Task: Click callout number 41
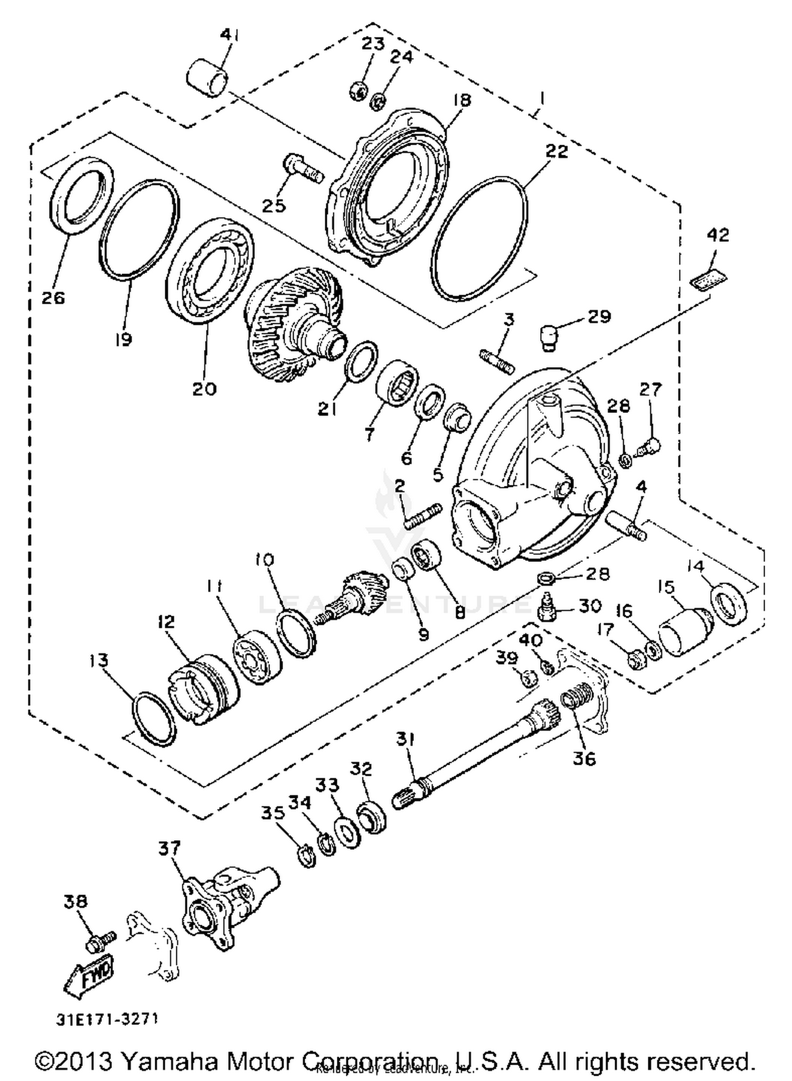(229, 35)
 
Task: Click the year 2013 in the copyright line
(85, 1060)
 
